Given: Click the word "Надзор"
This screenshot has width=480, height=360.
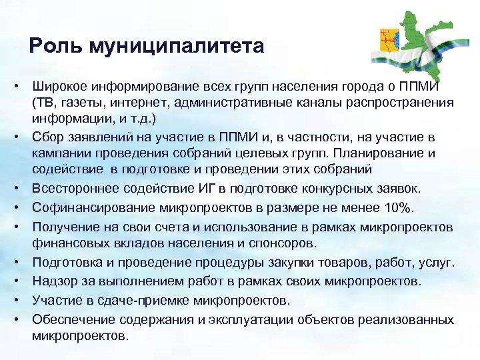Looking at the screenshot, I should (x=52, y=281).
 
